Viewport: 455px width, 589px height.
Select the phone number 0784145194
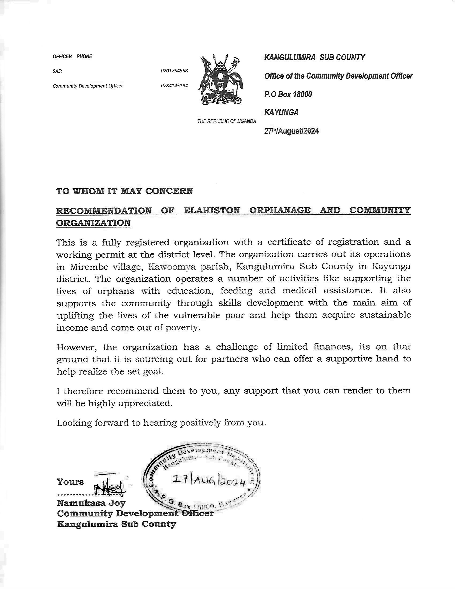pos(174,86)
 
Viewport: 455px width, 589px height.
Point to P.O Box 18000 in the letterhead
pos(288,94)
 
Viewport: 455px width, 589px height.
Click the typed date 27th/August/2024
pos(291,131)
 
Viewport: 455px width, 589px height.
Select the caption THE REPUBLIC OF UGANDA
pos(226,121)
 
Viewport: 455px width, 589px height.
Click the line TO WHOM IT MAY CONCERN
pos(125,191)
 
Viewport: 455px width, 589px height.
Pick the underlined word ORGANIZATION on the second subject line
pos(93,223)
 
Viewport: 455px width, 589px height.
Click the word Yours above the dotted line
pos(70,482)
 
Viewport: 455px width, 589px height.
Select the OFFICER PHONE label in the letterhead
pos(72,57)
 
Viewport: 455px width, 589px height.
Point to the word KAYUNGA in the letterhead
pos(281,112)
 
